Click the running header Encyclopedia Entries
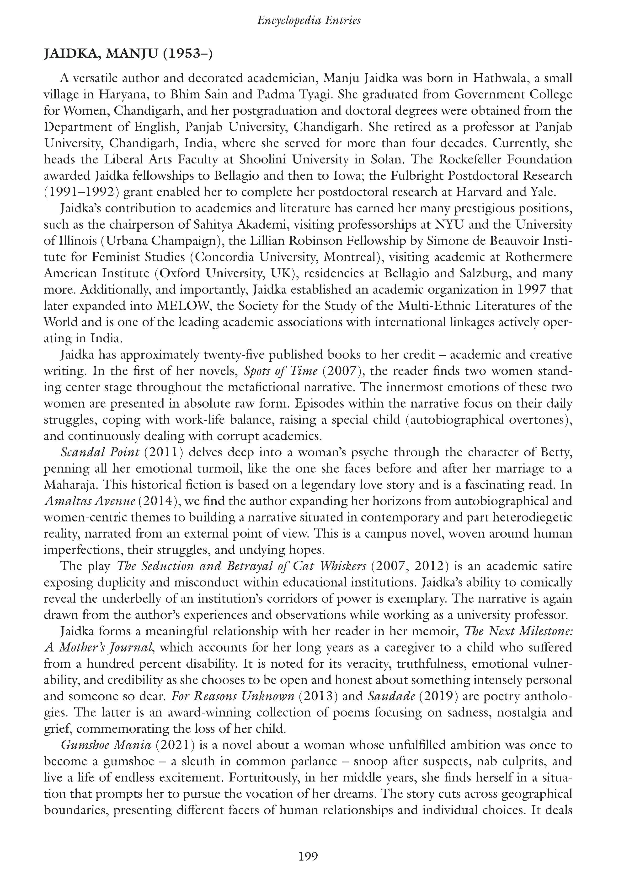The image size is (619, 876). (309, 21)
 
